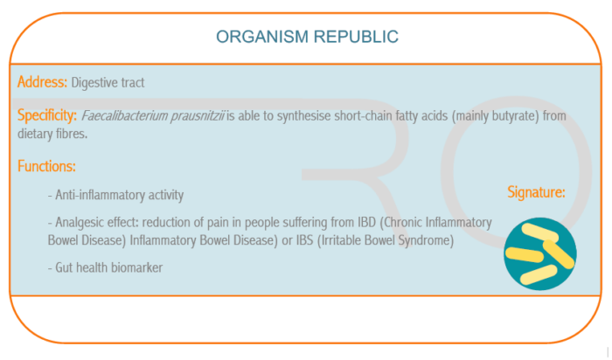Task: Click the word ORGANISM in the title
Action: pyautogui.click(x=262, y=37)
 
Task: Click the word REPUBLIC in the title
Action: pyautogui.click(x=356, y=37)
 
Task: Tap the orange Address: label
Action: pyautogui.click(x=42, y=82)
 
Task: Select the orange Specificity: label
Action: pyautogui.click(x=47, y=115)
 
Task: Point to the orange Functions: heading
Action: pyautogui.click(x=46, y=166)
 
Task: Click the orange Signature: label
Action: pyautogui.click(x=536, y=192)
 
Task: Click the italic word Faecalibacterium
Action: pyautogui.click(x=124, y=116)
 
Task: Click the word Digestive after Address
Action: pyautogui.click(x=94, y=83)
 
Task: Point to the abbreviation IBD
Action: pyautogui.click(x=366, y=222)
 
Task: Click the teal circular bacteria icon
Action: pyautogui.click(x=540, y=254)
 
